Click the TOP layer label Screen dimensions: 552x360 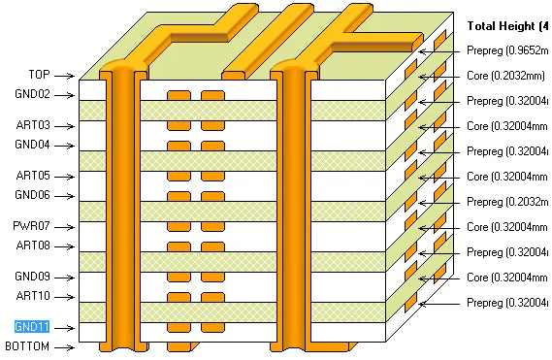pos(39,75)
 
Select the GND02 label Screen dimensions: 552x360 pos(32,95)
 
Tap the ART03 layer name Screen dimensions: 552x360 pos(32,125)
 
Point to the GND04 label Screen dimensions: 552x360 pos(32,145)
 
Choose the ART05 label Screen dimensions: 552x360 pos(32,176)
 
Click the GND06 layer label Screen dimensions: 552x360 pos(32,195)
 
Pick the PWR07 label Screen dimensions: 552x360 pos(32,226)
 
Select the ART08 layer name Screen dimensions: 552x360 pos(32,245)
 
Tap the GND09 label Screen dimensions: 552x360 pos(32,277)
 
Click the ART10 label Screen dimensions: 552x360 pos(32,296)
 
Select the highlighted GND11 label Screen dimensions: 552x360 pos(32,327)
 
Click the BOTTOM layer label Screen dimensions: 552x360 pos(27,346)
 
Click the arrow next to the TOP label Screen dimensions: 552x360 pos(65,75)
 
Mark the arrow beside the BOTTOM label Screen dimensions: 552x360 pos(65,346)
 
